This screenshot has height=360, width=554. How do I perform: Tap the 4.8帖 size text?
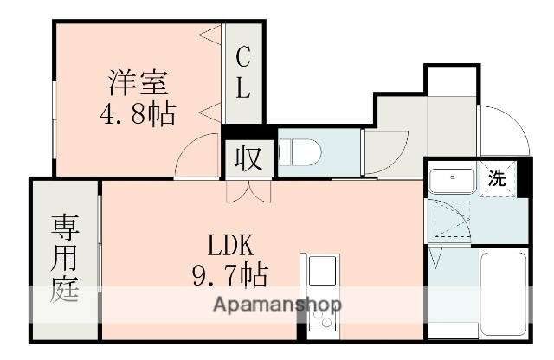pos(138,113)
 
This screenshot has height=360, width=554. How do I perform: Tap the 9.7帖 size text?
pos(229,276)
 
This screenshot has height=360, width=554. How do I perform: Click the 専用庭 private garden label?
pos(66,258)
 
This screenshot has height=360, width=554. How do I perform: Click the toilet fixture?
pos(299,152)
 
